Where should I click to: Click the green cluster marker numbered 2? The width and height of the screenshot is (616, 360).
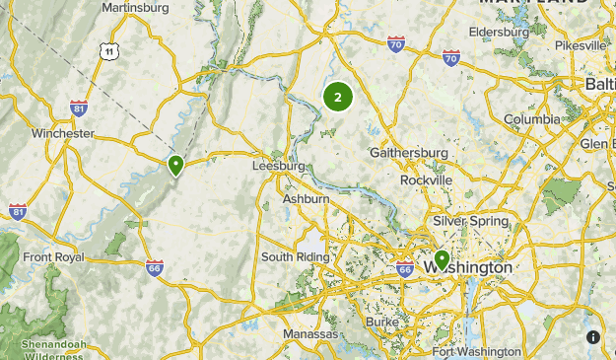click(338, 97)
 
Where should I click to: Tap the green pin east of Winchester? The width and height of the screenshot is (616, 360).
click(176, 165)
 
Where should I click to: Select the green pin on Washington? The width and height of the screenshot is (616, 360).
click(441, 260)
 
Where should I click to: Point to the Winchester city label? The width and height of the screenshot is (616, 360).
click(63, 133)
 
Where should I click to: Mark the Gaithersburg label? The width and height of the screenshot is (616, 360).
click(409, 153)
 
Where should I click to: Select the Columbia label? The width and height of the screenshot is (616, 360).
click(531, 120)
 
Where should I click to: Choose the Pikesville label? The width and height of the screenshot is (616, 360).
click(581, 45)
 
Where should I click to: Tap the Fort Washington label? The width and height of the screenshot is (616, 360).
click(476, 351)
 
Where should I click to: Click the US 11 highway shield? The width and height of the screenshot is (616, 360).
click(108, 50)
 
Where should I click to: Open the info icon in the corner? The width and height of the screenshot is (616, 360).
click(593, 337)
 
